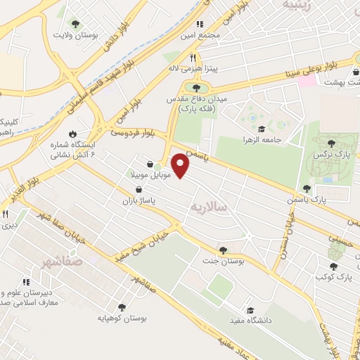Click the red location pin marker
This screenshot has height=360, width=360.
pyautogui.click(x=181, y=165)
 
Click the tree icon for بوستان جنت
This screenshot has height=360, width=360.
pyautogui.click(x=223, y=250)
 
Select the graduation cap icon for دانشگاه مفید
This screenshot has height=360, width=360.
pyautogui.click(x=250, y=310)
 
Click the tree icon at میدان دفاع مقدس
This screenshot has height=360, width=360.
pyautogui.click(x=195, y=88)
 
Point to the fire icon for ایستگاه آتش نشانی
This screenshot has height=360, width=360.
pyautogui.click(x=72, y=134)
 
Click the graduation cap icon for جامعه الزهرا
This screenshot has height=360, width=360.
pyautogui.click(x=262, y=129)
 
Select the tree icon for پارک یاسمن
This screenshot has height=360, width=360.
pyautogui.click(x=307, y=188)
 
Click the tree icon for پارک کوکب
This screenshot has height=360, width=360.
pyautogui.click(x=333, y=266)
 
